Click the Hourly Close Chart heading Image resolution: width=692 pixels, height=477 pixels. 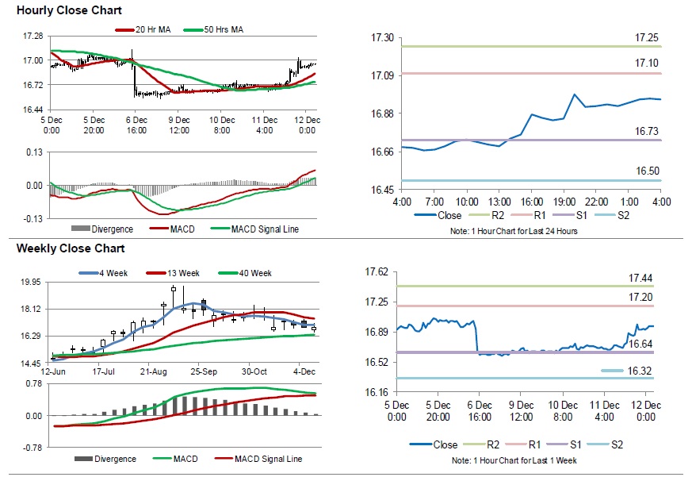pos(69,11)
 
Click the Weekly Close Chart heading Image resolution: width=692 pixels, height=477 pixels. pos(71,248)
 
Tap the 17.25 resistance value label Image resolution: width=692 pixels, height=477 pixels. pos(647,38)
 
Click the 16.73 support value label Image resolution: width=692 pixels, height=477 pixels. pos(647,131)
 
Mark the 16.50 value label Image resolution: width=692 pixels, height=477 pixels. pos(647,171)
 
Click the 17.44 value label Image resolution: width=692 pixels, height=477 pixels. pos(640,278)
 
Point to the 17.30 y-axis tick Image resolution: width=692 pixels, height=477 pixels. pos(383,38)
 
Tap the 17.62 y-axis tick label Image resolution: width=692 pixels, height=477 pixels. pos(377,272)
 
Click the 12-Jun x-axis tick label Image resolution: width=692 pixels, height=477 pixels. pos(52,371)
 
